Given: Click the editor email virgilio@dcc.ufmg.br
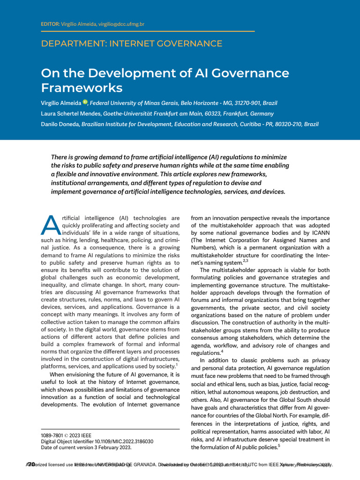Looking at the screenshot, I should pos(123,24).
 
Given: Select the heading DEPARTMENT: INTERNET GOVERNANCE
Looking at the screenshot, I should pos(132,44).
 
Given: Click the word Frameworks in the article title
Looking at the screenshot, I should pos(82,88).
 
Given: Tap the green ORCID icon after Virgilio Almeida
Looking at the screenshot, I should pos(85,102).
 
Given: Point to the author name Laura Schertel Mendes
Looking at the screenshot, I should pos(71,113).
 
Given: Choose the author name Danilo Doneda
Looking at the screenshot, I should pos(60,124).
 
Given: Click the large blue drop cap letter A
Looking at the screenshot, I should pos(49,226).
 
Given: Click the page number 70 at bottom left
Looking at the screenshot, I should pos(31,465).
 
